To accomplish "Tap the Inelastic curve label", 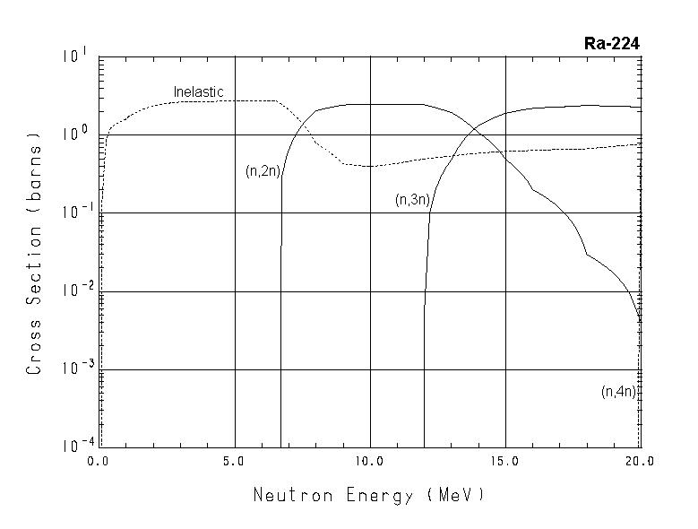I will point(198,92).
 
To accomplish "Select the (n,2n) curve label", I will point(263,171).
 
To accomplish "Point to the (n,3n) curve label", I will point(413,200).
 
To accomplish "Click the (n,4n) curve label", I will point(618,391).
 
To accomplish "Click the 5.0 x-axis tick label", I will point(234,461).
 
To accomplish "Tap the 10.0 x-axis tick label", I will point(369,461).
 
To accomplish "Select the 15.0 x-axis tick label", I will point(505,461).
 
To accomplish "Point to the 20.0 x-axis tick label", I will point(639,461).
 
